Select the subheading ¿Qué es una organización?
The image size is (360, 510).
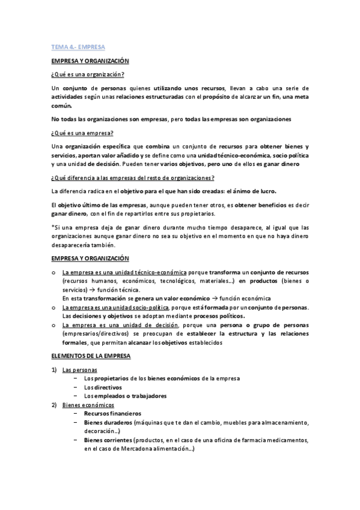tap(88, 75)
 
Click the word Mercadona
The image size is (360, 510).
tap(140, 449)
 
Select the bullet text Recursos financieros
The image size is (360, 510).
tap(113, 414)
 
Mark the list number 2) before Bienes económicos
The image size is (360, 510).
tap(54, 405)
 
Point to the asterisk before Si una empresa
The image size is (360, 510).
tap(53, 228)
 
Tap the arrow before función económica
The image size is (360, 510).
tap(214, 298)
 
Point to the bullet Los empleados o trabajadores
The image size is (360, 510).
tap(125, 396)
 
